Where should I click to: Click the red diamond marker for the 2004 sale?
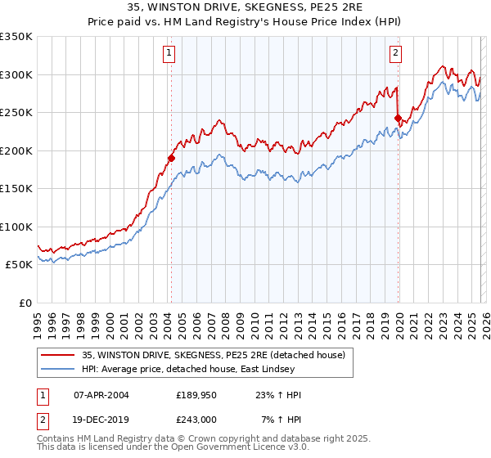[x=171, y=158]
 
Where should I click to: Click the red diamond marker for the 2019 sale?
[x=398, y=119]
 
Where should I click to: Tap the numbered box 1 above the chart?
[x=169, y=54]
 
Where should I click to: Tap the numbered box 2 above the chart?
[x=395, y=54]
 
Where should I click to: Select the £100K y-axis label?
[x=16, y=227]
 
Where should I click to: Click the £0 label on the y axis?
[x=25, y=303]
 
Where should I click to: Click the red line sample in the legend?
[x=57, y=355]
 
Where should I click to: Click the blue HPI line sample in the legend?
[x=57, y=369]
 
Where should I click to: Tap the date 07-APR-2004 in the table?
[x=101, y=395]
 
